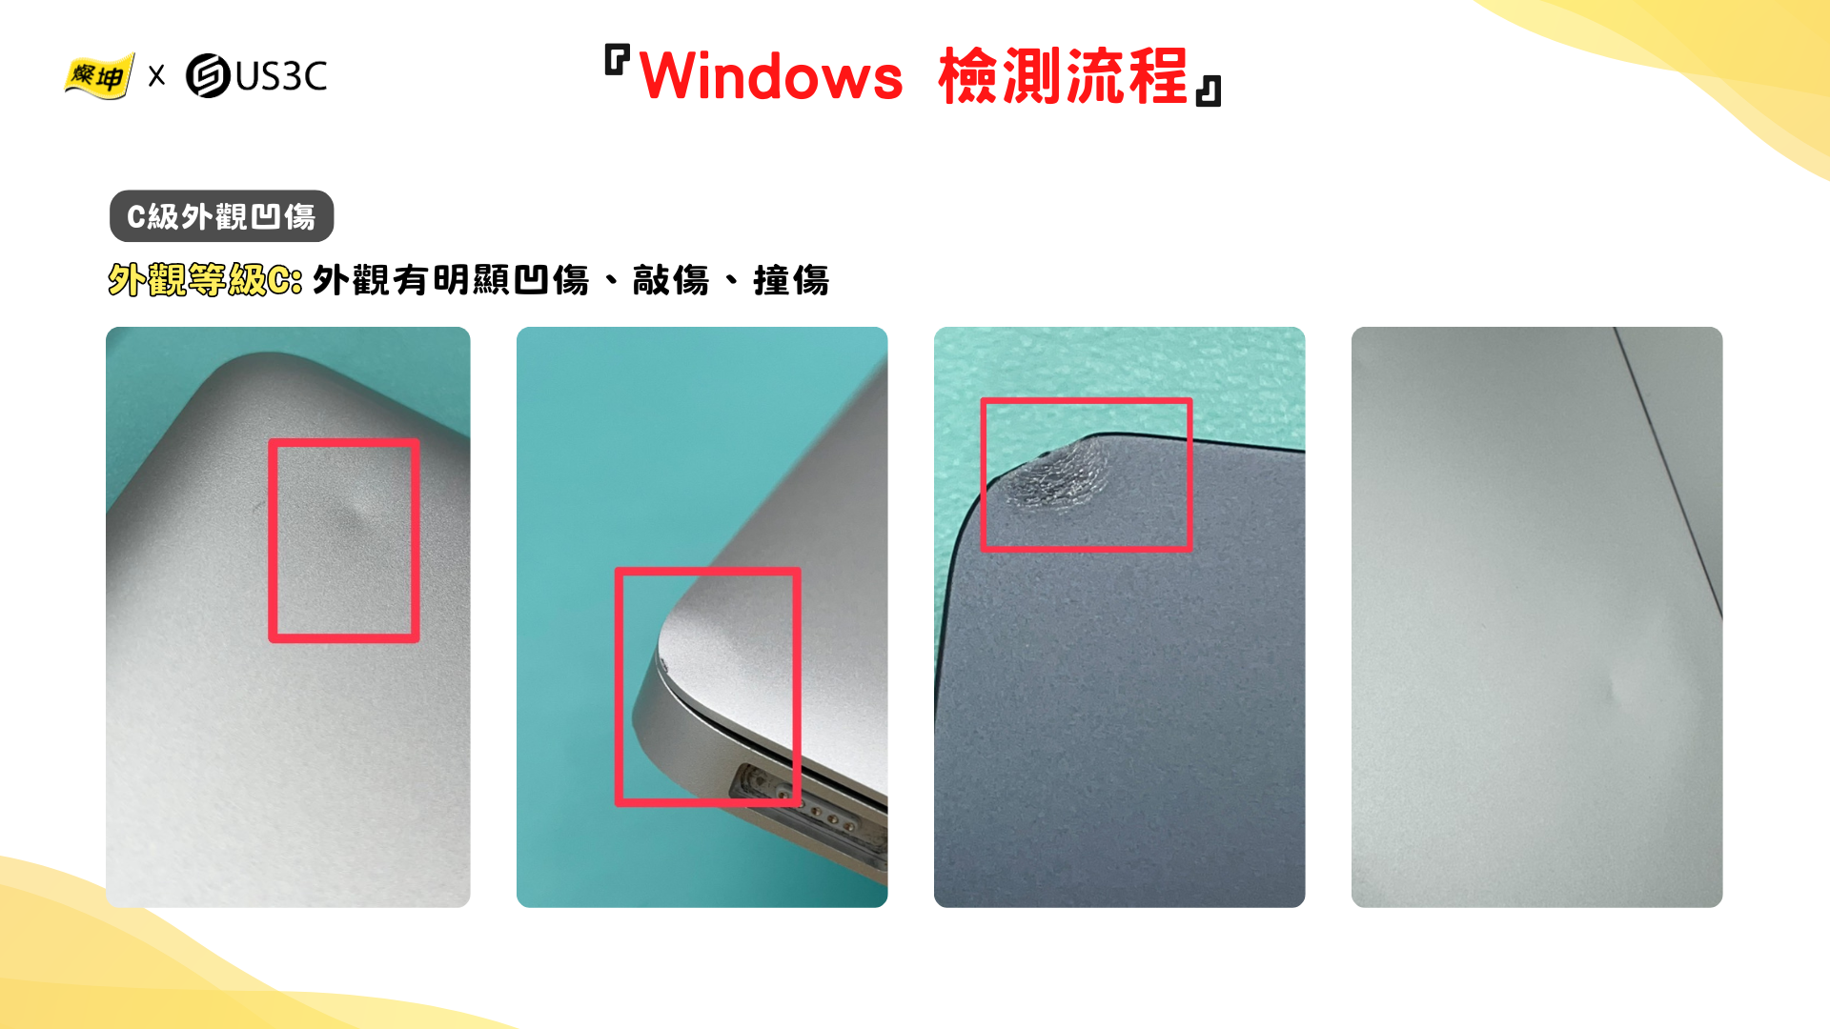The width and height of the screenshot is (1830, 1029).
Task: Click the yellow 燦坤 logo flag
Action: coord(99,75)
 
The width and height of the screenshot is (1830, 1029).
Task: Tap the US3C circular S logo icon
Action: coord(208,76)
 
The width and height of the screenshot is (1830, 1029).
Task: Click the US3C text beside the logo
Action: coord(281,76)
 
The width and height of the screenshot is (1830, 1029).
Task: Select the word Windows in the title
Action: coord(771,76)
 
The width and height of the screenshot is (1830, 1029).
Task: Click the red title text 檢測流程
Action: coord(1064,76)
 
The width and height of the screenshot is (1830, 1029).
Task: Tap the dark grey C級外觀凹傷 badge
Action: coord(222,216)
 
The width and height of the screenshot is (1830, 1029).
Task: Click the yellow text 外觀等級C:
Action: coord(205,280)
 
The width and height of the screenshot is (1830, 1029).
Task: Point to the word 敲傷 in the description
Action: coord(671,280)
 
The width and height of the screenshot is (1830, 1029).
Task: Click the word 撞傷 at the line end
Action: coord(791,280)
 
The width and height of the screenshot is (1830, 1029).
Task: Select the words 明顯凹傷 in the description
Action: coord(511,280)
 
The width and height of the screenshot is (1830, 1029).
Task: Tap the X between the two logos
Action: coord(157,76)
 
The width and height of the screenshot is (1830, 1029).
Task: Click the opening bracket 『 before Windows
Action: coord(618,60)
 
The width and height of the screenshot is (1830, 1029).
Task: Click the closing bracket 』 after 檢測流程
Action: coord(1209,91)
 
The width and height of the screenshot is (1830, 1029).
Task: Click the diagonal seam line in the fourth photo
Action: coord(1668,472)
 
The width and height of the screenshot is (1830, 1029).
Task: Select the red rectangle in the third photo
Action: coord(1087,401)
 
